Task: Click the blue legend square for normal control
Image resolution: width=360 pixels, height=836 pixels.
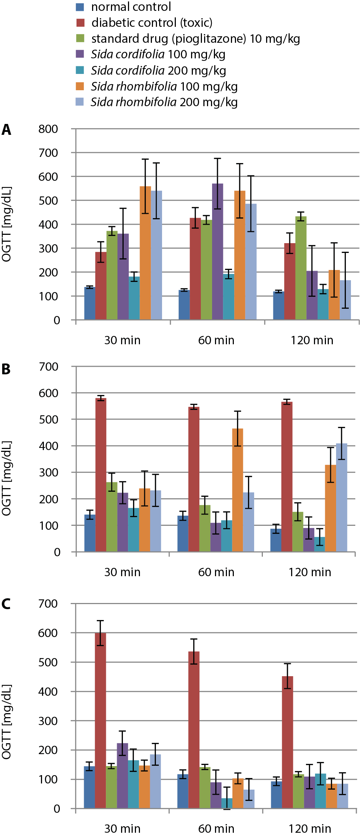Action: point(80,7)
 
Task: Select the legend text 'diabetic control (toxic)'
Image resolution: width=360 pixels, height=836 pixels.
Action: point(152,23)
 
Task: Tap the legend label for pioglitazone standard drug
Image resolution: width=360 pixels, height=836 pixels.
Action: point(195,39)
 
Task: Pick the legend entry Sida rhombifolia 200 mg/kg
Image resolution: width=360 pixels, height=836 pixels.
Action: point(164,102)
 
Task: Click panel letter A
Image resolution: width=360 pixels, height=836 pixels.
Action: point(7,130)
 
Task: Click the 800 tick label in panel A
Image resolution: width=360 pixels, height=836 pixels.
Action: point(48,129)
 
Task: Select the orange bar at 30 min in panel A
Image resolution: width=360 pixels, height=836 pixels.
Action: point(145,254)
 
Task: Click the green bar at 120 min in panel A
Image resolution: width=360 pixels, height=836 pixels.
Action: point(301,268)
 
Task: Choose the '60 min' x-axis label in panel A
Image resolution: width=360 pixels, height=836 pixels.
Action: point(216,340)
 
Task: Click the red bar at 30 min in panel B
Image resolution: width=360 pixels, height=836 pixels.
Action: point(101,475)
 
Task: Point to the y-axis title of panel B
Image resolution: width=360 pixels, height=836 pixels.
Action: point(7,478)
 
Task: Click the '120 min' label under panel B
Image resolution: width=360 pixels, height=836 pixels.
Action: point(310,572)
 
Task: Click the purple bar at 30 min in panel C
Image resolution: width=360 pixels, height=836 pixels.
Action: point(123,775)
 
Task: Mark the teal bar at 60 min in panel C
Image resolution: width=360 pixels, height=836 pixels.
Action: point(227,803)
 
